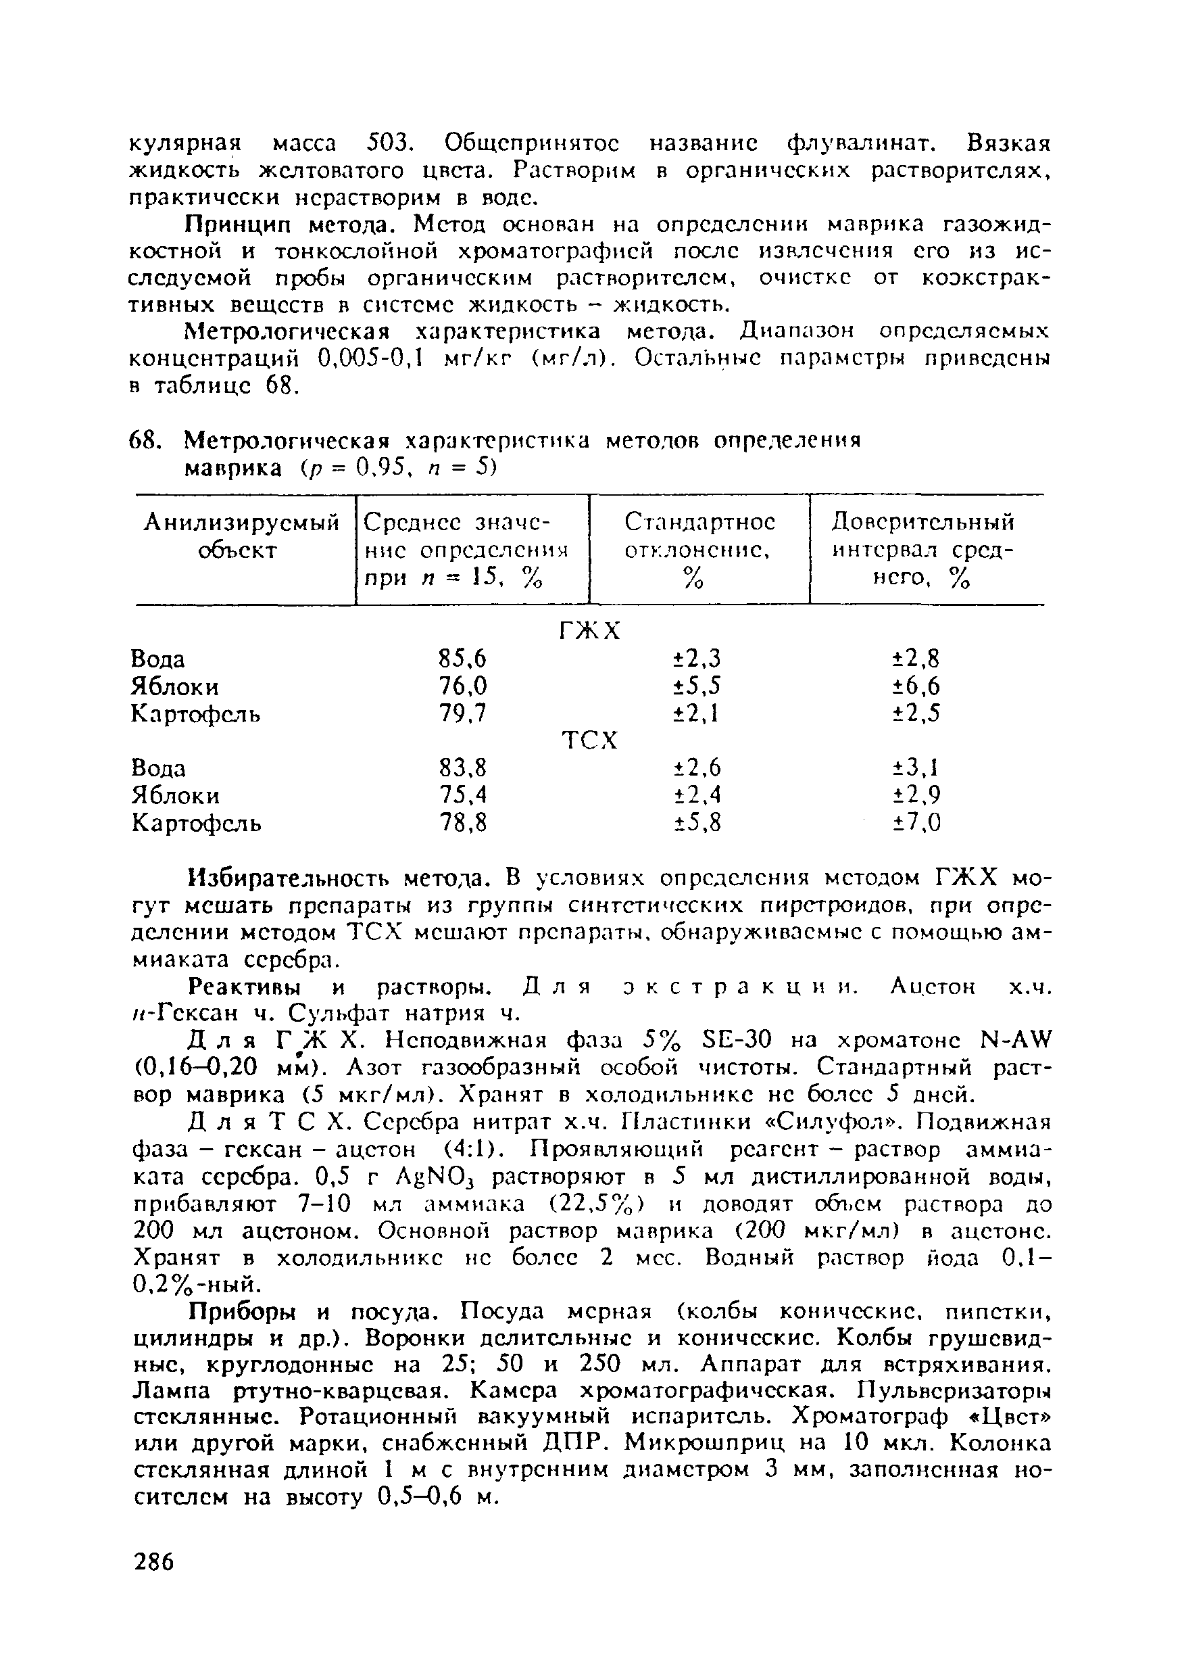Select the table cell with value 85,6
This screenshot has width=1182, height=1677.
click(x=462, y=659)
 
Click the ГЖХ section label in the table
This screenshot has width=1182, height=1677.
click(x=589, y=631)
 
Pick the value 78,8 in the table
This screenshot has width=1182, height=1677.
click(x=463, y=823)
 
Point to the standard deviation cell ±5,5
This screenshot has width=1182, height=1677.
click(x=696, y=686)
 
